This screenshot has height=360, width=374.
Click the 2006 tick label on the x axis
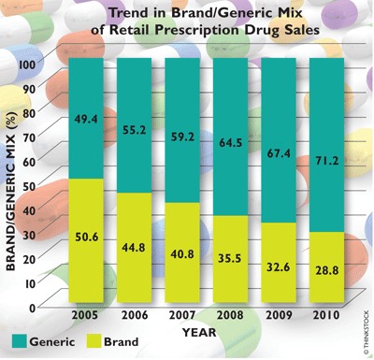[133, 317]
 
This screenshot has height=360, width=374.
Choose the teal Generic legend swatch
[21, 342]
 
